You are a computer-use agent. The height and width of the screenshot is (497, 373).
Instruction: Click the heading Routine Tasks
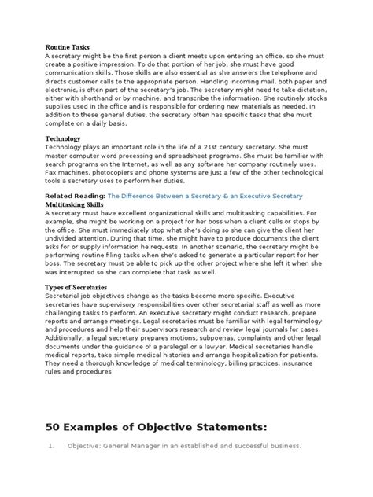69,47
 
